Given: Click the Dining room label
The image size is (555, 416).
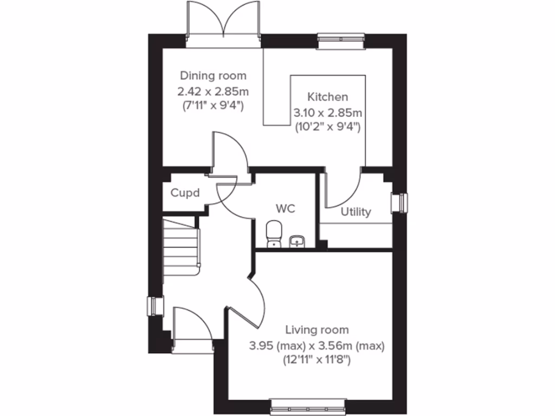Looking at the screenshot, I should tap(213, 75).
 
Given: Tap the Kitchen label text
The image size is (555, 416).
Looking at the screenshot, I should tap(327, 97).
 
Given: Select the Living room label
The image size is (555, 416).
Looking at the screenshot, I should tap(317, 329).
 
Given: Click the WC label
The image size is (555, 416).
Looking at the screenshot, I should tap(285, 209).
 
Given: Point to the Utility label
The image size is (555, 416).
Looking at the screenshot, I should tap(356, 212).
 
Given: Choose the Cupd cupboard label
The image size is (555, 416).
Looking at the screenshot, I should tap(185, 193).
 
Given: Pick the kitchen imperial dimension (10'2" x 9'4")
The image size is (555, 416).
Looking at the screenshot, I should tap(327, 127).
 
